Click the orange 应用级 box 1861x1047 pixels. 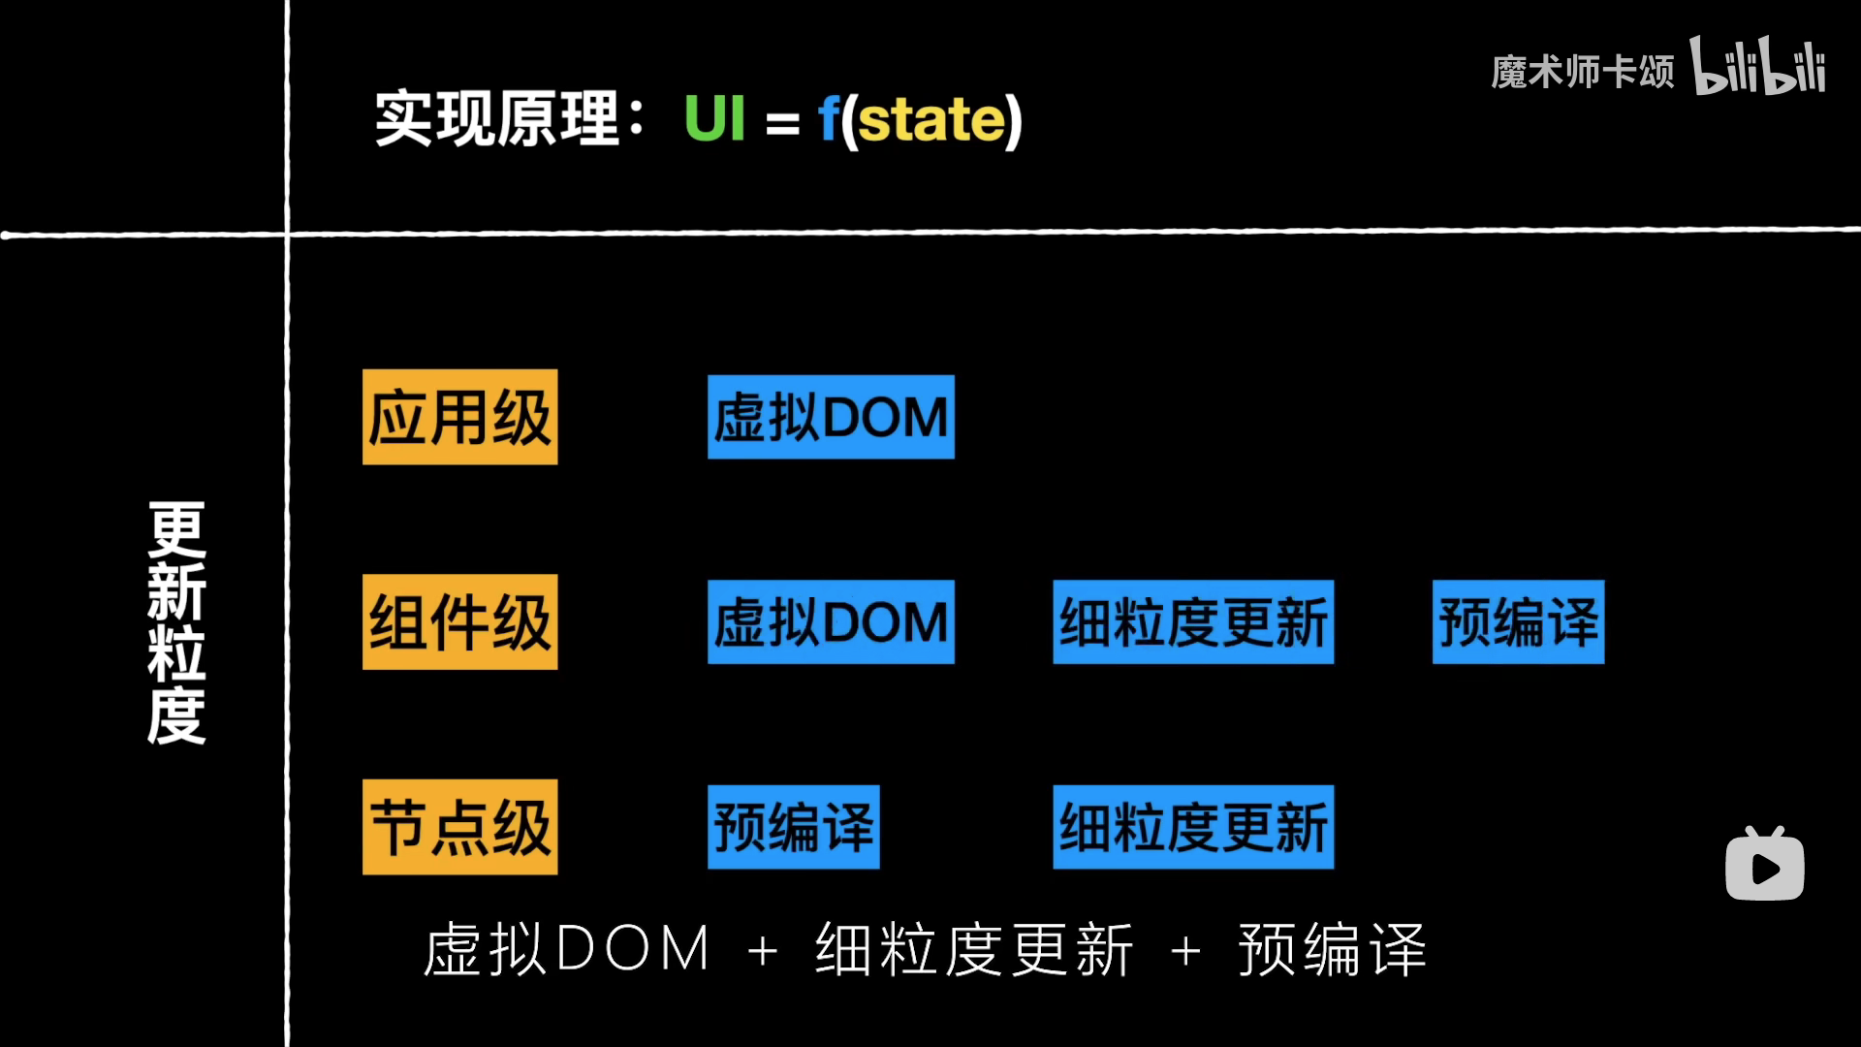[459, 417]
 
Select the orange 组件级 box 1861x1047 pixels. [459, 621]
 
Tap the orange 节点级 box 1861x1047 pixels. [459, 827]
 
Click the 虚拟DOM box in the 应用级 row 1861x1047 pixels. [831, 417]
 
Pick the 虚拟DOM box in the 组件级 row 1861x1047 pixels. [831, 621]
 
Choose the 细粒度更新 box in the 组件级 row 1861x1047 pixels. [1193, 621]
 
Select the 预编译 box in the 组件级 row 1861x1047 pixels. [1518, 621]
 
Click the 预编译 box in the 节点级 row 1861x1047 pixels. [793, 827]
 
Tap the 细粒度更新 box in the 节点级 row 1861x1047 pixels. [1193, 827]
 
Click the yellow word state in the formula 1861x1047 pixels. [931, 121]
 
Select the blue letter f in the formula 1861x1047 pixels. [829, 119]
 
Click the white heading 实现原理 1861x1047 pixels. [497, 119]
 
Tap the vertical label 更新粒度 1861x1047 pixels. [176, 623]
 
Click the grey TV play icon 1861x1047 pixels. [1764, 865]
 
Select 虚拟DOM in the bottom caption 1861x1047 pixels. [567, 949]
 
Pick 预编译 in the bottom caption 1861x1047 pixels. [1332, 949]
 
